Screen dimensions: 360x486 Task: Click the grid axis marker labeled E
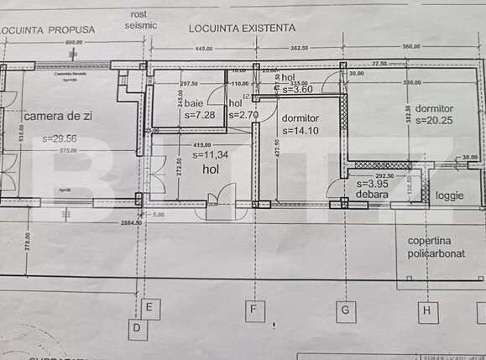[148, 308]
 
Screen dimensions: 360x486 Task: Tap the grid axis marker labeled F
[253, 310]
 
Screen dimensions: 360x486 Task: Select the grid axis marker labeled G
[344, 310]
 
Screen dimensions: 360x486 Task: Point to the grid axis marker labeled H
[426, 311]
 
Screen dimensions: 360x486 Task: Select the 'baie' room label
[194, 103]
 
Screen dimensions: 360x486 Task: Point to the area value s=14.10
[300, 130]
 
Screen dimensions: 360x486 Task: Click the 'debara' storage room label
[372, 195]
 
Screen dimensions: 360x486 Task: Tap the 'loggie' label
[450, 196]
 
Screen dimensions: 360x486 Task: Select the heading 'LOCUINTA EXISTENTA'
[242, 27]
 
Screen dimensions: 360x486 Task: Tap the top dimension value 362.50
[299, 49]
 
